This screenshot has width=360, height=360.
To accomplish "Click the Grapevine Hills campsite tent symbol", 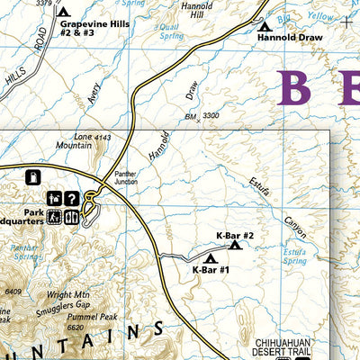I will pos(62,12).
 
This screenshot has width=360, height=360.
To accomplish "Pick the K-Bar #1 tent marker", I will pos(211,259).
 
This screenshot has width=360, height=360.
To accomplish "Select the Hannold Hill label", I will pos(195,11).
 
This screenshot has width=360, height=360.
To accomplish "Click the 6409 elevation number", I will pos(12,292).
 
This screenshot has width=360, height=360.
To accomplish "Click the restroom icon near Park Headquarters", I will pos(55,216).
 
